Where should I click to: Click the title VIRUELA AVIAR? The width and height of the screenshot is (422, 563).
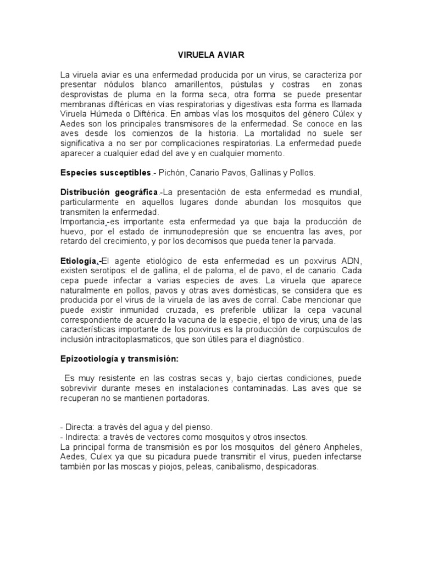[210, 56]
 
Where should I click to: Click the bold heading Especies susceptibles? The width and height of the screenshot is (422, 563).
[105, 173]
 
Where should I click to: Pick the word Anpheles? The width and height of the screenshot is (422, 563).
[343, 446]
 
